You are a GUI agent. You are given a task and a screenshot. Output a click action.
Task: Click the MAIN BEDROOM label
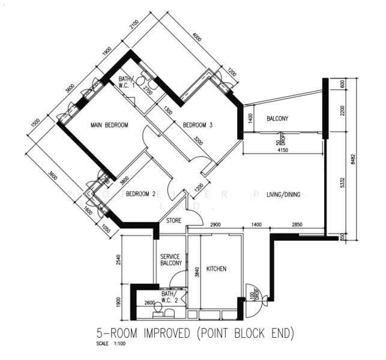(109, 125)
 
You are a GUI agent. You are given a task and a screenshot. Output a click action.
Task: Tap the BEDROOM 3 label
(198, 125)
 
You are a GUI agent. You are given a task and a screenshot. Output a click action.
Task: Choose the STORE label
(173, 221)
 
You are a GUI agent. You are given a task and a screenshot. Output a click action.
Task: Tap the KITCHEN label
(216, 269)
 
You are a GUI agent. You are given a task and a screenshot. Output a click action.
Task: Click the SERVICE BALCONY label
(170, 260)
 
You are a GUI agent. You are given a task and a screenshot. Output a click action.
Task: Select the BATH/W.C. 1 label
(125, 82)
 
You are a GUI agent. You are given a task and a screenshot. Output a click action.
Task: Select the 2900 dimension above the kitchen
(216, 224)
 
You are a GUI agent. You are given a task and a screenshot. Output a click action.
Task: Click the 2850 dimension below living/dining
(298, 224)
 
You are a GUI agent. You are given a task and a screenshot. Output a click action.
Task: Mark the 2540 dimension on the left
(118, 260)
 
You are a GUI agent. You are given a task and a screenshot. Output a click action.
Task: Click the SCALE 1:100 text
(110, 344)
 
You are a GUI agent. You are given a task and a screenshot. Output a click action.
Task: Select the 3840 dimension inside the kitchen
(196, 271)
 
